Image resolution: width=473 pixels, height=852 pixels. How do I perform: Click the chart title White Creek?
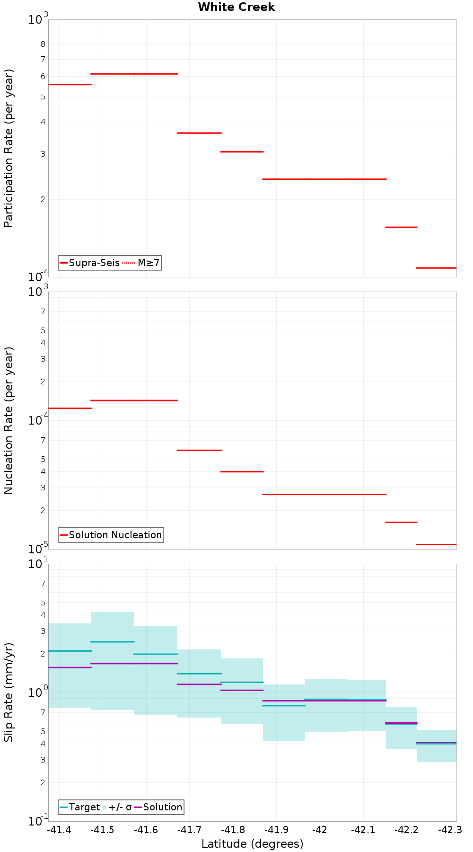pos(236,7)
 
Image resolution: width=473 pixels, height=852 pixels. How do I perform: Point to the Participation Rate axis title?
pos(9,148)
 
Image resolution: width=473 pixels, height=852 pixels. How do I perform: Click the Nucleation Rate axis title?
pos(9,420)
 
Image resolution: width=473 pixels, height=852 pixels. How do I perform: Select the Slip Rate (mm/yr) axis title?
pos(9,692)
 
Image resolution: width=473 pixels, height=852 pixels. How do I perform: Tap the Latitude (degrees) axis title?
pos(252,844)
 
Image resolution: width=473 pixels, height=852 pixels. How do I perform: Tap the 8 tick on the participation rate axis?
pos(43,44)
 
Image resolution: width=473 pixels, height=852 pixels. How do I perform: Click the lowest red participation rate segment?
pos(436,268)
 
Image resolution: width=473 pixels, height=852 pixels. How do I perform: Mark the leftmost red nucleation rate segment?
pos(70,408)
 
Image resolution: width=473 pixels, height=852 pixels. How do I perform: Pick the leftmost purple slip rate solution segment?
pos(70,667)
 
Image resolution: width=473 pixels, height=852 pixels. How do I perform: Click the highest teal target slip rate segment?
pos(113,642)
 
